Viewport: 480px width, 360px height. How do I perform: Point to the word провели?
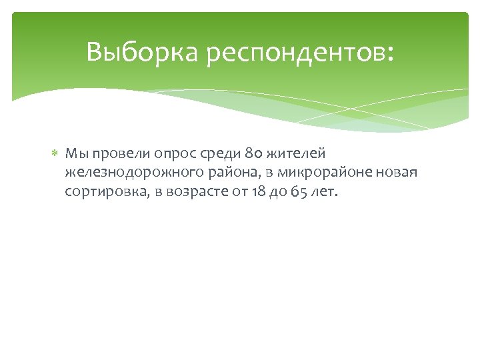pos(118,154)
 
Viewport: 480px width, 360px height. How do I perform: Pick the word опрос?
pos(170,155)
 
